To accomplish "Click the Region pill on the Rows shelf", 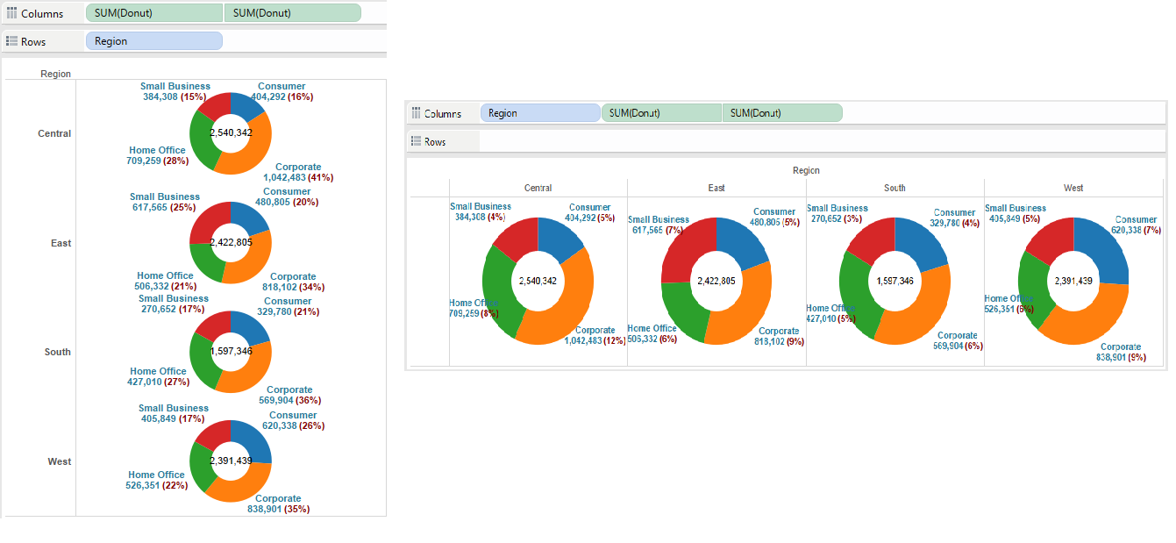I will point(153,41).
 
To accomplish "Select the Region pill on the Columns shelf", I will point(539,113).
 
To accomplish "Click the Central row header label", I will point(54,134).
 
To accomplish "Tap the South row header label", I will point(58,353).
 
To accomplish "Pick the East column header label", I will point(716,188).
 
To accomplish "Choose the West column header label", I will point(1073,188).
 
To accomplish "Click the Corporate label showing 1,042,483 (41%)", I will point(298,172).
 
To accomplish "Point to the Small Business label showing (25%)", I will point(165,203).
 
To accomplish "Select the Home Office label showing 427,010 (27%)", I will point(158,377).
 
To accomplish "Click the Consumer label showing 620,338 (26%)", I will point(293,421).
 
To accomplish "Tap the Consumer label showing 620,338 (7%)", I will point(1136,225).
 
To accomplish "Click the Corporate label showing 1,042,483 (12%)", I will point(595,336).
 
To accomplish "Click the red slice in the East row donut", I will point(207,225).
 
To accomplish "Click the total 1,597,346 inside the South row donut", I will point(232,351).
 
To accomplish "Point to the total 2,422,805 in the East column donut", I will point(716,281).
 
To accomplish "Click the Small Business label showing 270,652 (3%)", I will point(837,213).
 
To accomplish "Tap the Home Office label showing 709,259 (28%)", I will point(158,156).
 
